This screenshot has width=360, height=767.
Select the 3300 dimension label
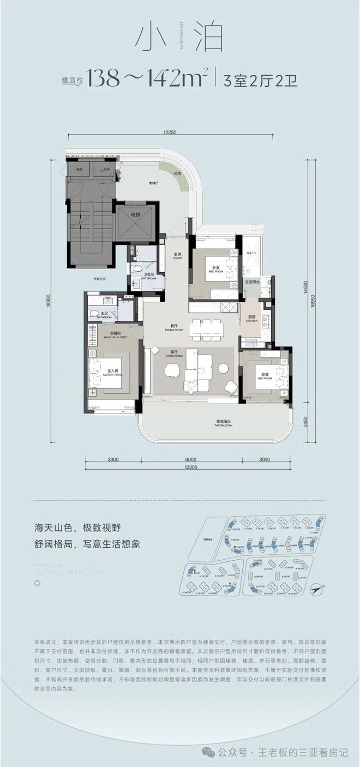113,460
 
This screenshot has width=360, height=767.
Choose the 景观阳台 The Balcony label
224,424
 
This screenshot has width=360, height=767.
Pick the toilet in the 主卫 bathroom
94,314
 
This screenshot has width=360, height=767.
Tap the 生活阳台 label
251,282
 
